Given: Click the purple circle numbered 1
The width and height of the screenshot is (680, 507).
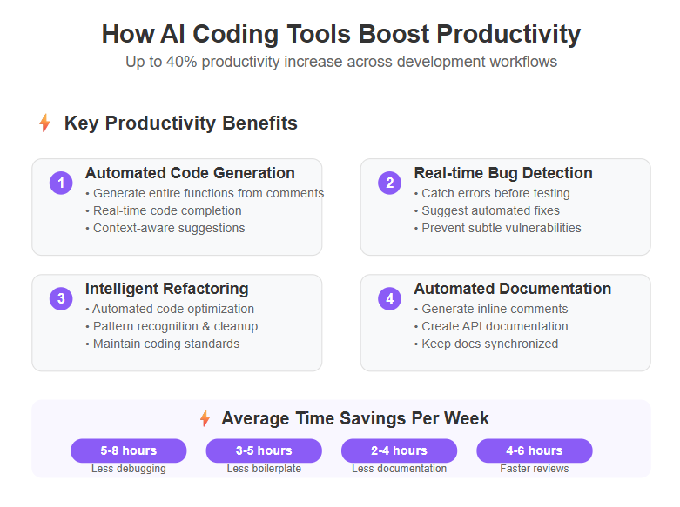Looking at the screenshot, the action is [x=61, y=183].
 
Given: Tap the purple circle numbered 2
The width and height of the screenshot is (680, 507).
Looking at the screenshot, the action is [x=390, y=183].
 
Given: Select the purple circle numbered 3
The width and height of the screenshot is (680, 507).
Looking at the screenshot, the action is [x=61, y=298].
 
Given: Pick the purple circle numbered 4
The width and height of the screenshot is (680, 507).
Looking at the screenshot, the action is [x=390, y=298].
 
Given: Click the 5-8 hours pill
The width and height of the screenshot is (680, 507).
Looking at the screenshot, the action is [x=129, y=450].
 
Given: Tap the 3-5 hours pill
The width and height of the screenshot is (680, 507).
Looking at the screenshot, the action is [x=264, y=450].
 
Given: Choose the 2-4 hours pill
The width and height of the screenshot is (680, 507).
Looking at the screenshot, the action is [x=400, y=450].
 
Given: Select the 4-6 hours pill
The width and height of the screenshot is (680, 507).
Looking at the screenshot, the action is [x=535, y=450].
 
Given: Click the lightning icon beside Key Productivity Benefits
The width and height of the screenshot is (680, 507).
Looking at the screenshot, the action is [x=44, y=123].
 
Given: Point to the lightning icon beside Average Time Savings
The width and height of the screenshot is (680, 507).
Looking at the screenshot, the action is [x=205, y=418].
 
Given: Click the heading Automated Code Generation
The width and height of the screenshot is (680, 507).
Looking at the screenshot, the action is [x=190, y=173].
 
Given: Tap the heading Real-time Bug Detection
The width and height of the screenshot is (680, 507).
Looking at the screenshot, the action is [x=503, y=173].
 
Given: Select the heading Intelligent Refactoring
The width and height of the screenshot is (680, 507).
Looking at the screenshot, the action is [x=167, y=289].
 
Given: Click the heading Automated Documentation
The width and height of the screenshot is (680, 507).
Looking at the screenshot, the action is [x=513, y=289].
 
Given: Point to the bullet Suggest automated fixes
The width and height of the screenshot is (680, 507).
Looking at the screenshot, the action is [x=487, y=210].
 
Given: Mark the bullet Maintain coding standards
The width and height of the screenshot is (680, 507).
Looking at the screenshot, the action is [x=163, y=344].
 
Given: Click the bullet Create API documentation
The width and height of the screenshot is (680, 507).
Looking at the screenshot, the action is [x=491, y=326].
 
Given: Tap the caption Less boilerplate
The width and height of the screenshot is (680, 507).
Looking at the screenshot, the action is [x=264, y=469].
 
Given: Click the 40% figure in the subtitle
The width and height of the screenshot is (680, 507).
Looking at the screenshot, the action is [x=182, y=62].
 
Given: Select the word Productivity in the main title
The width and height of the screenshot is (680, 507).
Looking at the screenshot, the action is [x=508, y=34].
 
